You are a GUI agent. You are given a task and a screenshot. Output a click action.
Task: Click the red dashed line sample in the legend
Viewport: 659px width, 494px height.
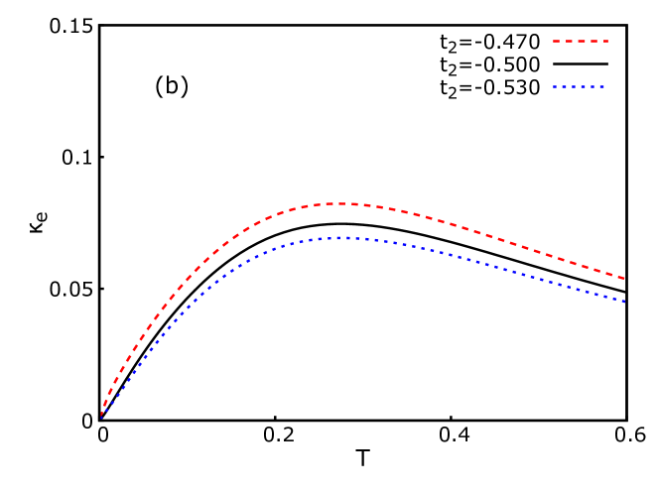pyautogui.click(x=581, y=42)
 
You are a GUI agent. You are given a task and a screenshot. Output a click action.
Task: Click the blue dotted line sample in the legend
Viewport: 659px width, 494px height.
pyautogui.click(x=580, y=87)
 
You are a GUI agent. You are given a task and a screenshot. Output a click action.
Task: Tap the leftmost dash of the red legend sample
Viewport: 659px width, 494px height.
pyautogui.click(x=557, y=42)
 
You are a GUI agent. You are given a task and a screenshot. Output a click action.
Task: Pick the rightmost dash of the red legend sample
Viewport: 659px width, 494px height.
pyautogui.click(x=604, y=42)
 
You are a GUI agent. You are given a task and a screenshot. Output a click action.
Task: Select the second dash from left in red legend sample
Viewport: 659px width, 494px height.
pyautogui.click(x=569, y=42)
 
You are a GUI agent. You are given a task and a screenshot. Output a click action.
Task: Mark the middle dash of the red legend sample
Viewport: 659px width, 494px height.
pyautogui.click(x=581, y=42)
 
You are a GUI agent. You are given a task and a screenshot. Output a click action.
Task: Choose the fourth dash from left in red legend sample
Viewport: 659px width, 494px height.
pyautogui.click(x=593, y=42)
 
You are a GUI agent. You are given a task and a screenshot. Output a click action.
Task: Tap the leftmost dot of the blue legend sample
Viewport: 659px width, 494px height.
pyautogui.click(x=556, y=87)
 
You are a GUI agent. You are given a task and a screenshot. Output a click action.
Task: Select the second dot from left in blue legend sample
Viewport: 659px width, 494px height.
pyautogui.click(x=563, y=87)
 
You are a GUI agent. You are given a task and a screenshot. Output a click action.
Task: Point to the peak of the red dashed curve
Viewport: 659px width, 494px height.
pyautogui.click(x=342, y=203)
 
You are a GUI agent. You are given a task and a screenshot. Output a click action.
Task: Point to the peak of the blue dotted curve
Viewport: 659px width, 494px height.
pyautogui.click(x=344, y=237)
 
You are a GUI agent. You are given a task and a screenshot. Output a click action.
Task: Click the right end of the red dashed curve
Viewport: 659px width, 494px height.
pyautogui.click(x=624, y=279)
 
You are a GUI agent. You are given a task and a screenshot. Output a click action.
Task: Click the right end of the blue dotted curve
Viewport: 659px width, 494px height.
pyautogui.click(x=624, y=302)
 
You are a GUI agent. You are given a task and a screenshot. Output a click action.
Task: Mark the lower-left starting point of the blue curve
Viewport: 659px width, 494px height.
pyautogui.click(x=101, y=417)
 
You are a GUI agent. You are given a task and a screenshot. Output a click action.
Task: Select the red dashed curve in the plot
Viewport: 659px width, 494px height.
pyautogui.click(x=476, y=232)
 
